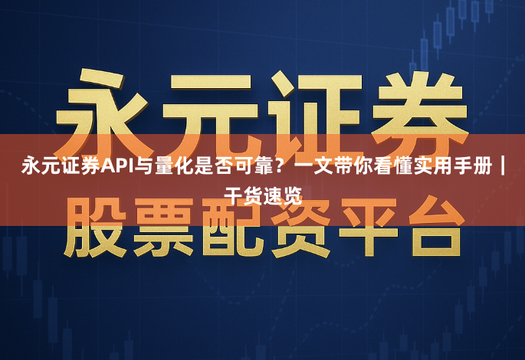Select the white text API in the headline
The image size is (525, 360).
click(x=118, y=165)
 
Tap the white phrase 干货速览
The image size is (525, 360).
click(x=262, y=194)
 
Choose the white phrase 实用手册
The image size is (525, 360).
click(x=452, y=165)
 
